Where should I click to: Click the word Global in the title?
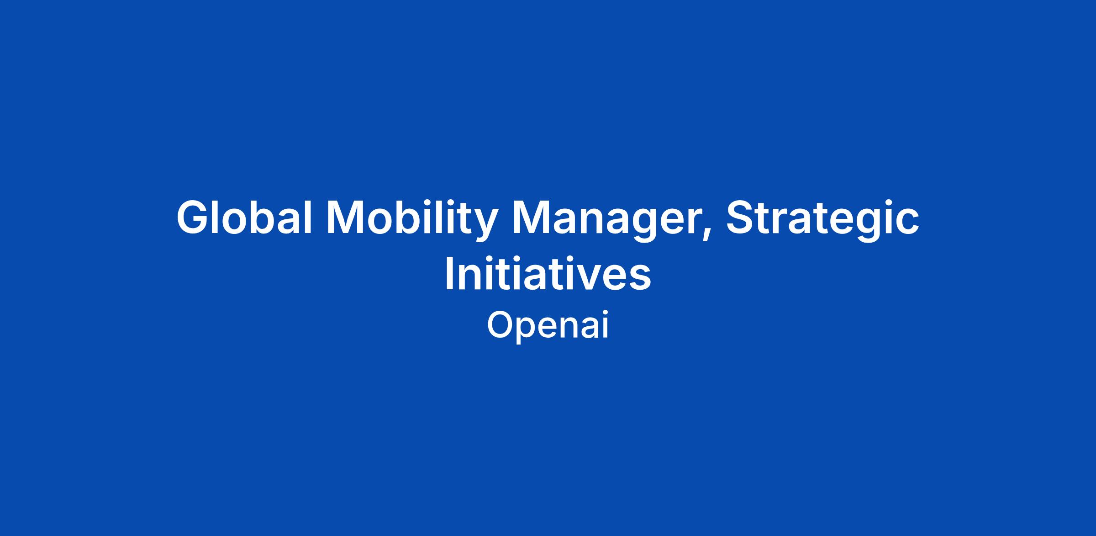point(244,218)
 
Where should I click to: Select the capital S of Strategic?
point(742,218)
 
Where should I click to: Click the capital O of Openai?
point(501,325)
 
